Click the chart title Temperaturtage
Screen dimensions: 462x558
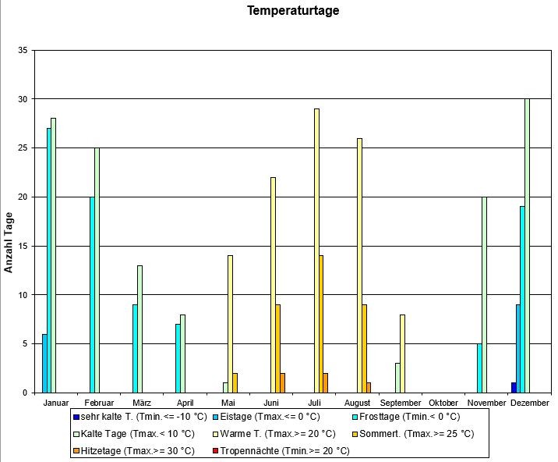(x=293, y=11)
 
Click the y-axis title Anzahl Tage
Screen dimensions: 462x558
(x=9, y=242)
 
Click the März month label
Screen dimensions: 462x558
(x=142, y=403)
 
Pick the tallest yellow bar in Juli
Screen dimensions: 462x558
(x=316, y=250)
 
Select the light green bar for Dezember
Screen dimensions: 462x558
(x=527, y=245)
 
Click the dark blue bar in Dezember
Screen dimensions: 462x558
(x=514, y=387)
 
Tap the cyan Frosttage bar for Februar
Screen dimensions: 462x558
(x=92, y=294)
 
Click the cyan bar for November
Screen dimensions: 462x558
(x=479, y=368)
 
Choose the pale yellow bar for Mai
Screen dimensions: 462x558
(x=230, y=323)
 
